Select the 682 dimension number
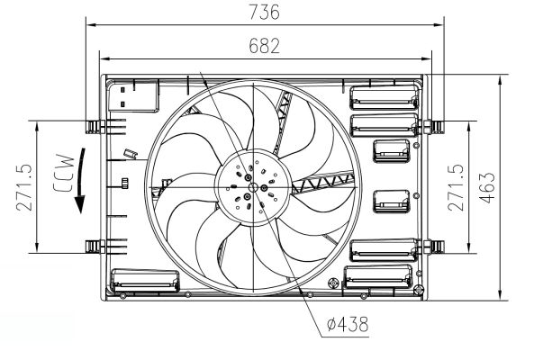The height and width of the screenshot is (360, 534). [x=264, y=44]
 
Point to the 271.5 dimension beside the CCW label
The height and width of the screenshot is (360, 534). [x=24, y=187]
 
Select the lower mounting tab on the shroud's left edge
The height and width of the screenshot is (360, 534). [x=92, y=245]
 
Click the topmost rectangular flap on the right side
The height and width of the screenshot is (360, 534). [x=383, y=95]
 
